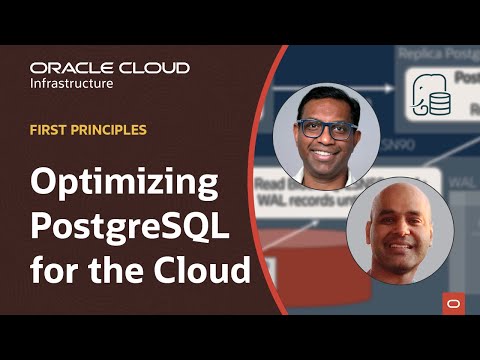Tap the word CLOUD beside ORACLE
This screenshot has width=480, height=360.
coord(152,68)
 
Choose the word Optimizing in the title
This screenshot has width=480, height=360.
coord(124,186)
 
